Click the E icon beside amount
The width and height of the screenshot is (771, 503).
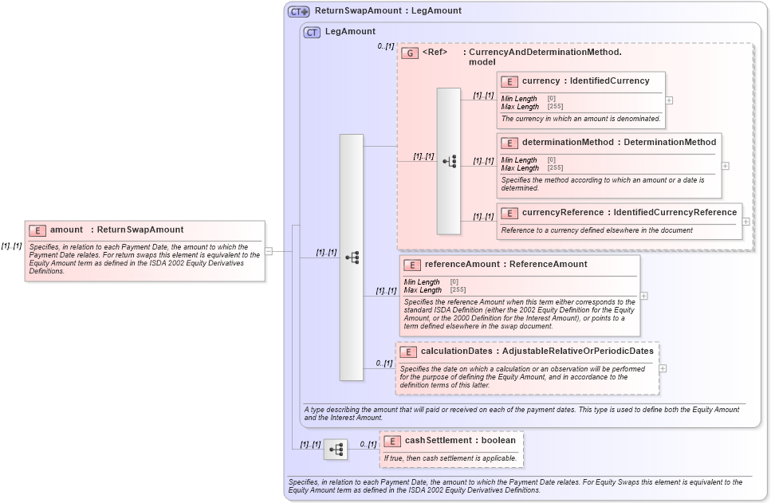tap(37, 230)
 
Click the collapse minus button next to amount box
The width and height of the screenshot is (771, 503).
tap(269, 251)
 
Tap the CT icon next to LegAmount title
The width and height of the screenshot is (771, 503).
tap(312, 33)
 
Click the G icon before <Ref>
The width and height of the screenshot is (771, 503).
tap(410, 53)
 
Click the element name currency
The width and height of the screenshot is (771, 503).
tap(541, 81)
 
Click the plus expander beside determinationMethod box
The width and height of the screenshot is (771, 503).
tap(725, 166)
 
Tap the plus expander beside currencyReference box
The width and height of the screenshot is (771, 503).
tap(745, 222)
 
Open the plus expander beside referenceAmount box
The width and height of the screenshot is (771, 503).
tap(643, 296)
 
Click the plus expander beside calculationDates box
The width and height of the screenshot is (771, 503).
tap(663, 369)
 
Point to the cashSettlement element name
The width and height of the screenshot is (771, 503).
tap(436, 440)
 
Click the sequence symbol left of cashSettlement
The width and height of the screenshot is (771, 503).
tap(336, 450)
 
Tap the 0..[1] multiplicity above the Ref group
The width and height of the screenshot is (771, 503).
tap(386, 46)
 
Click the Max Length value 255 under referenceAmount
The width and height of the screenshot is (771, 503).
tap(458, 290)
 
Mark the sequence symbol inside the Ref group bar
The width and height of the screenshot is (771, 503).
tap(449, 161)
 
